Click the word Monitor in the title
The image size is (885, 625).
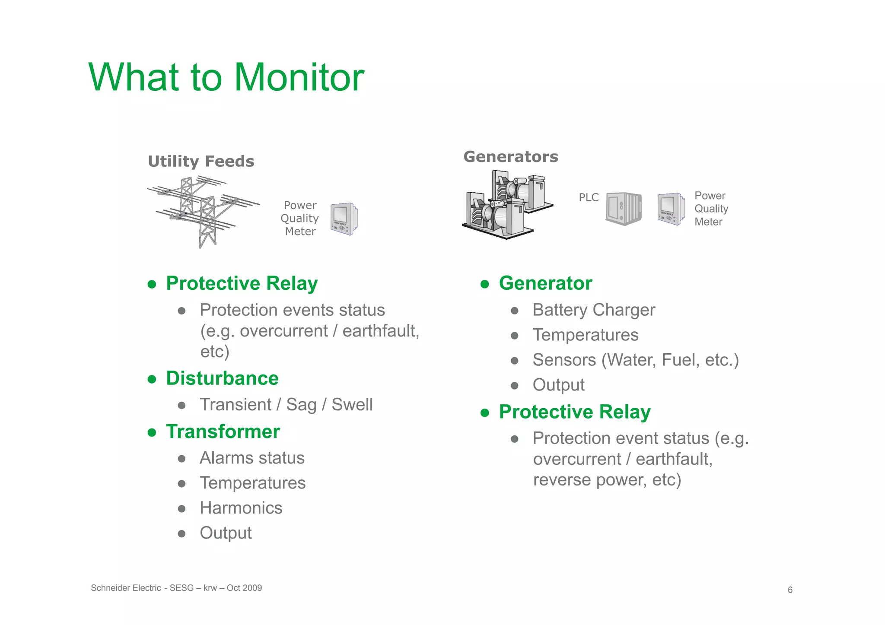[x=299, y=78]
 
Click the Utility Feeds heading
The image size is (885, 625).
[x=201, y=162]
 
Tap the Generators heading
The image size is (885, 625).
[x=511, y=157]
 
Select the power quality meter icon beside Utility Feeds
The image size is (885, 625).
[x=344, y=219]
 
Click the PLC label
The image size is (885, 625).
[x=589, y=197]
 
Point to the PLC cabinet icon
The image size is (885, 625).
[x=623, y=209]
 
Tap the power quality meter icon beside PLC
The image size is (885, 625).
[x=671, y=209]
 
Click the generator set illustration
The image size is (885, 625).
[x=506, y=205]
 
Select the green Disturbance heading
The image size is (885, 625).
[x=222, y=378]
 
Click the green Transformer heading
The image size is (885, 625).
[x=223, y=431]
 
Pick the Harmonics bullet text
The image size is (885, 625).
[x=241, y=508]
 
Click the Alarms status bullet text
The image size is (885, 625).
[x=252, y=458]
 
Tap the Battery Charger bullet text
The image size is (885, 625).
[x=593, y=310]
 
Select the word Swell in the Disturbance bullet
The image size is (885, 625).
[x=352, y=405]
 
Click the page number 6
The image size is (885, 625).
[x=790, y=590]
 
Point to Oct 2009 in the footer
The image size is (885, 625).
[x=244, y=588]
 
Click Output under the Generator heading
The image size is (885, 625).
[x=558, y=385]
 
